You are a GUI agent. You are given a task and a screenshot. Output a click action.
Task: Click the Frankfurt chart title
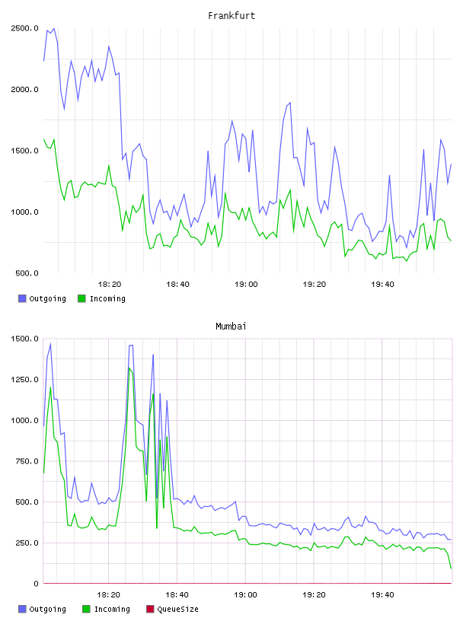[231, 16]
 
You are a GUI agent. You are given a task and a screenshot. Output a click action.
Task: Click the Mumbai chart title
[231, 326]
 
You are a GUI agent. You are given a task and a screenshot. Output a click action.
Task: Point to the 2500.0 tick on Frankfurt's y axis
[24, 28]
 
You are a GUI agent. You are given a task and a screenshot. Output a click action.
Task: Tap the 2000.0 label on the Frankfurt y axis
[24, 90]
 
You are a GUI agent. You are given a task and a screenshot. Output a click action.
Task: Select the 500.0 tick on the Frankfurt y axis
[27, 273]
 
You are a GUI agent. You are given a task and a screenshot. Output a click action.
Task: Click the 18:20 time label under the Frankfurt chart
[110, 285]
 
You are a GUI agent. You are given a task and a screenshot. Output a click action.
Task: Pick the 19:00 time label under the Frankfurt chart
[246, 285]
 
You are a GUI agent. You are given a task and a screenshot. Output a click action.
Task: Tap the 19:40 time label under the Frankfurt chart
[382, 285]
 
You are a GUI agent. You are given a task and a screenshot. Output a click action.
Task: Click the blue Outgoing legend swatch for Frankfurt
[22, 298]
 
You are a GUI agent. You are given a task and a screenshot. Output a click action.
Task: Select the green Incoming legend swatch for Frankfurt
[81, 298]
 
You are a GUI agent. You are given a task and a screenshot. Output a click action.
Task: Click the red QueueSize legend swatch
[150, 609]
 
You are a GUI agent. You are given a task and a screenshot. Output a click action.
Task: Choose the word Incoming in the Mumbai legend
[112, 610]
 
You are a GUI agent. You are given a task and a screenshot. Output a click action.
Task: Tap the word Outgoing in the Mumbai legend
[47, 610]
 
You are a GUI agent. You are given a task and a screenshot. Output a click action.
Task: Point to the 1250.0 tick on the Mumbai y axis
[24, 380]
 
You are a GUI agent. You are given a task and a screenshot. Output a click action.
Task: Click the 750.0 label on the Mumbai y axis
[27, 461]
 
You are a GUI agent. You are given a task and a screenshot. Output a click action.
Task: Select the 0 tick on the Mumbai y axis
[36, 584]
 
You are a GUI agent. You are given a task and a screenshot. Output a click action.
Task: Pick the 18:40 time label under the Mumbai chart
[177, 595]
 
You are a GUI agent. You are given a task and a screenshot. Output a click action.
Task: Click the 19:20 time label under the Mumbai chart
[314, 595]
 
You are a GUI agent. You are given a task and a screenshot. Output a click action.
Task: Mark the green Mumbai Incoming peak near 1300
[129, 368]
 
